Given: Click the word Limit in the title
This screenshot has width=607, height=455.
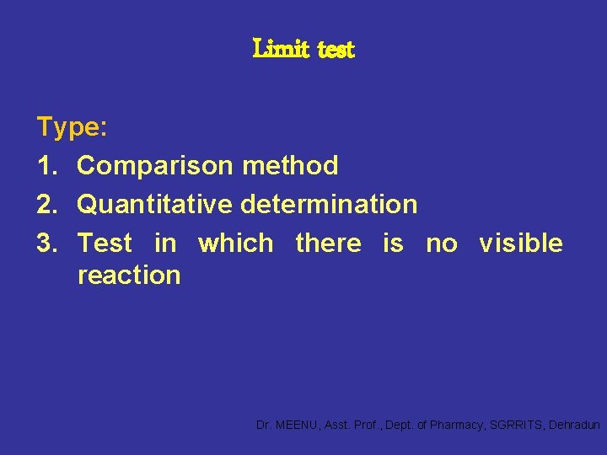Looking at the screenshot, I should pos(282,51).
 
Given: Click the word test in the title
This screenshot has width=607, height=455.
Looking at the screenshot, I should pos(337,51).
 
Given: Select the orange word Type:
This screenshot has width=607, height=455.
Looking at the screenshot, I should pos(72,128).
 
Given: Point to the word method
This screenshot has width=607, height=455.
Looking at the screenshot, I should pos(290,166).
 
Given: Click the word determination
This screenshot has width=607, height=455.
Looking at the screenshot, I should pos(329,205).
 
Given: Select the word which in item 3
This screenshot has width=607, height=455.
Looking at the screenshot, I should pos(236,244).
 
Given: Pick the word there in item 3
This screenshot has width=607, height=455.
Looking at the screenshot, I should pos(328,244).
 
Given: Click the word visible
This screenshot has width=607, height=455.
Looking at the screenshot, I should pos(521,244).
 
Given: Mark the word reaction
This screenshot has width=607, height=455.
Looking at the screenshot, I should pos(128,276).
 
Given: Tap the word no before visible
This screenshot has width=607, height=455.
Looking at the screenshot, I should pos(442,244).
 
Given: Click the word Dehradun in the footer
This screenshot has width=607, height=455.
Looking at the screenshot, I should pos(574,426).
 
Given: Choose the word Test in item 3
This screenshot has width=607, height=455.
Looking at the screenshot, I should pos(105,244).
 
